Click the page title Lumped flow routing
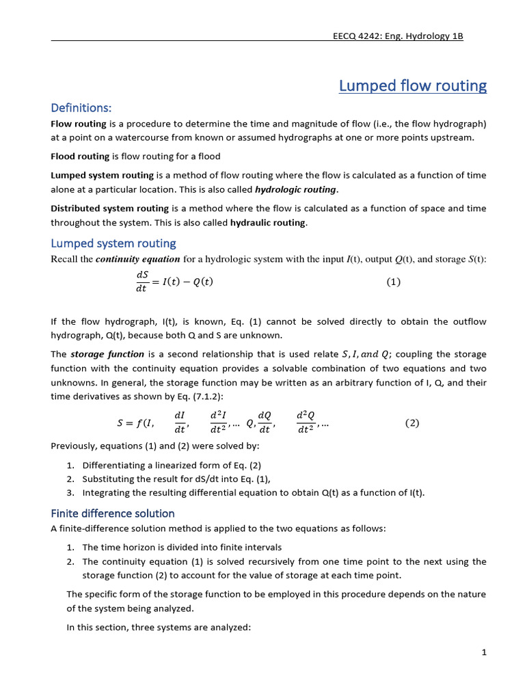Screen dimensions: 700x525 [x=413, y=86]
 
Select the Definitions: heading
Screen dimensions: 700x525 [x=81, y=108]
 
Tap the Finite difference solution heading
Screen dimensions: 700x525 [x=113, y=513]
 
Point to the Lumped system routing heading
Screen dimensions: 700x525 [x=113, y=243]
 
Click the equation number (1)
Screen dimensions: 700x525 [x=393, y=282]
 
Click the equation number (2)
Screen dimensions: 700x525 [x=412, y=423]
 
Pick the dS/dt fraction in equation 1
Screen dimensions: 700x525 [x=142, y=282]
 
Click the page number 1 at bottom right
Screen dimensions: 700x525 [x=483, y=652]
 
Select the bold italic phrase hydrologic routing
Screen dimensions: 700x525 [x=295, y=189]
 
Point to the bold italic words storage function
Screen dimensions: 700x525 [x=107, y=354]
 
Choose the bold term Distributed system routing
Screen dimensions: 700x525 [x=109, y=208]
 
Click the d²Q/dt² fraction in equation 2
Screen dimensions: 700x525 [x=306, y=423]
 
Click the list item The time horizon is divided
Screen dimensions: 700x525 [x=182, y=547]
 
